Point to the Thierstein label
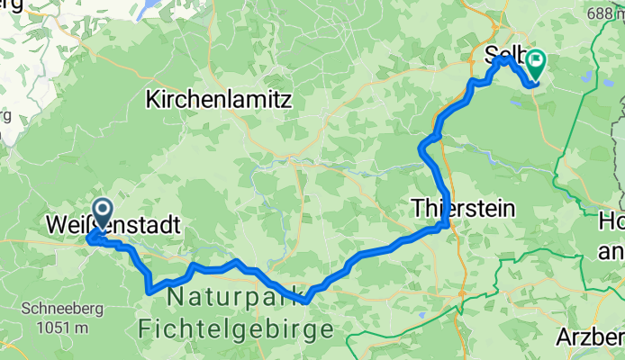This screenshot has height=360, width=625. (x=463, y=208)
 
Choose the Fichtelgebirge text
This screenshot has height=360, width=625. (x=235, y=328)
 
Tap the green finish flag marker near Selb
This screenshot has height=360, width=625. (x=537, y=62)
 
